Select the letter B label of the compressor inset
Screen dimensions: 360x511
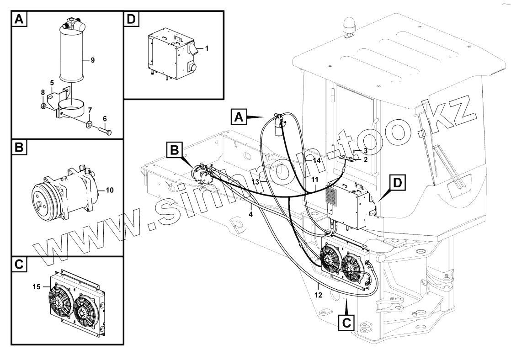coord(18,148)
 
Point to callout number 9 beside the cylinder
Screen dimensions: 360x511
coord(92,60)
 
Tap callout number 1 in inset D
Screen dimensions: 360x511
coord(207,48)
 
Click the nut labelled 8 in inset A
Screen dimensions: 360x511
coord(43,106)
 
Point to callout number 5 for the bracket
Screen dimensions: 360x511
coord(52,83)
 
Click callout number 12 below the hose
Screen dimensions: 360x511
coord(318,295)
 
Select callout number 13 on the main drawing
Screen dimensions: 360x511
coord(256,181)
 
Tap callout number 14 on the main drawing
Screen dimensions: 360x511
coord(316,161)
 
